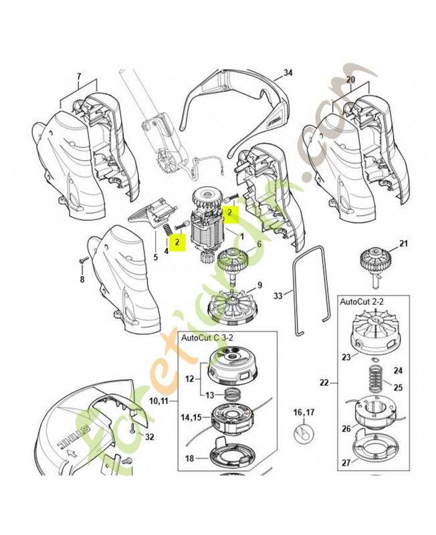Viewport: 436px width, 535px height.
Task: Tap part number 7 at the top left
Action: tap(78, 77)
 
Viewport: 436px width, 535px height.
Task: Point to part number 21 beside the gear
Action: tap(403, 243)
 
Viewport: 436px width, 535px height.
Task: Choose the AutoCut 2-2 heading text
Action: tap(361, 302)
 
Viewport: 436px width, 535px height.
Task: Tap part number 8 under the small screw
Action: tap(82, 280)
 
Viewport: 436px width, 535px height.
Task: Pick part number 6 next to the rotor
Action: tap(258, 245)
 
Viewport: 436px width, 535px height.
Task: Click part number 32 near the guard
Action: tap(149, 438)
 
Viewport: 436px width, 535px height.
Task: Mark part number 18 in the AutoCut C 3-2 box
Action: tap(189, 458)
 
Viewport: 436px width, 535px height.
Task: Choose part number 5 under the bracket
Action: tap(156, 257)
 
